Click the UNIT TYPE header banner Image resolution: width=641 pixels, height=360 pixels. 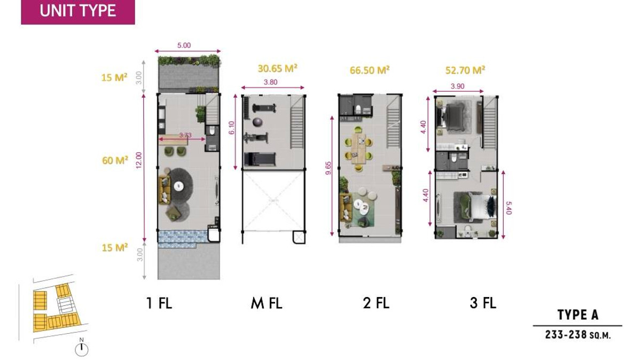pyautogui.click(x=78, y=12)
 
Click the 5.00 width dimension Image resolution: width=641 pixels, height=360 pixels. pyautogui.click(x=184, y=45)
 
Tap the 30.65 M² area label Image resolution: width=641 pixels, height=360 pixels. pyautogui.click(x=277, y=69)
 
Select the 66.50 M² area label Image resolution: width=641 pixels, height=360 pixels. pyautogui.click(x=370, y=70)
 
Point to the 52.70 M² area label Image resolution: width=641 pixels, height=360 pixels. pyautogui.click(x=465, y=70)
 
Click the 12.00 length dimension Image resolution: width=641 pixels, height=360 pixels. pyautogui.click(x=139, y=160)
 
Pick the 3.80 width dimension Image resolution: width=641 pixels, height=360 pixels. pyautogui.click(x=270, y=82)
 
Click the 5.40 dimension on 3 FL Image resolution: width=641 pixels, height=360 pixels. pyautogui.click(x=509, y=208)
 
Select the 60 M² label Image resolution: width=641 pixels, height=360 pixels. pyautogui.click(x=115, y=161)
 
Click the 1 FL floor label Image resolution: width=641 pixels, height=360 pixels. pyautogui.click(x=159, y=303)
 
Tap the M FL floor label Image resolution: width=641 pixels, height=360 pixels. pyautogui.click(x=267, y=303)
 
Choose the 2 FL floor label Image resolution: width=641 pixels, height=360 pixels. pyautogui.click(x=376, y=303)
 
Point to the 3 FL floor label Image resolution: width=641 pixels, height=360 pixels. pyautogui.click(x=483, y=303)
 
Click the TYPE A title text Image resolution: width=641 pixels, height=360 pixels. pyautogui.click(x=578, y=315)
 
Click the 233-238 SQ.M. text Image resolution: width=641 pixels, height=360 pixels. pyautogui.click(x=578, y=335)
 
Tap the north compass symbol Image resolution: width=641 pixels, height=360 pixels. pyautogui.click(x=82, y=348)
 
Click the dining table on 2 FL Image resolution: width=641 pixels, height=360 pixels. pyautogui.click(x=358, y=149)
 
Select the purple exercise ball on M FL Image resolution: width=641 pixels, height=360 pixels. pyautogui.click(x=257, y=122)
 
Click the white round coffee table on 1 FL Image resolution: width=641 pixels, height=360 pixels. pyautogui.click(x=179, y=186)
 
